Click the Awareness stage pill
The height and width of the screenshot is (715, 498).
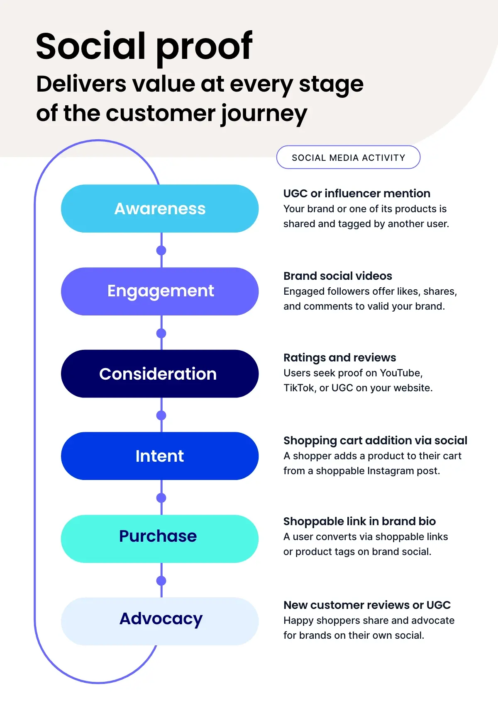pos(160,208)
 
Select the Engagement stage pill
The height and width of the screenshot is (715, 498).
pos(160,291)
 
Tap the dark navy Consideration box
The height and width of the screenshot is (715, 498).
pos(160,374)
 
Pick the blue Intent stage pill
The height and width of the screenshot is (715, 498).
pos(160,456)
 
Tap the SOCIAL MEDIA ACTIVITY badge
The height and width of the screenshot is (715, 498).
pos(348,158)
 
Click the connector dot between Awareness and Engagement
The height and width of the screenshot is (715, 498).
pos(161,250)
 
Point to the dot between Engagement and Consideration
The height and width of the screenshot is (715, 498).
pos(161,333)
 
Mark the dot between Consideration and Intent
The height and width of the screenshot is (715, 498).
pos(161,415)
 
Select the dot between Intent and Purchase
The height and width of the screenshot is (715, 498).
pos(161,498)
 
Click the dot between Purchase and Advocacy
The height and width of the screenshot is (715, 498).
pos(161,581)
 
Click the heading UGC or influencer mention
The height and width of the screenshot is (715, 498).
pos(356,194)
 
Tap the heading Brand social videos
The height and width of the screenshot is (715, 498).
pos(337,276)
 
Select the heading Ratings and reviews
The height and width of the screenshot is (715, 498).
pos(339,358)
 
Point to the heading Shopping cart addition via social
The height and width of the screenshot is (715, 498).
pos(375,441)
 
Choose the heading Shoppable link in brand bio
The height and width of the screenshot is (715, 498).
pos(359,521)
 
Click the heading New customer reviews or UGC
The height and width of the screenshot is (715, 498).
pos(367,605)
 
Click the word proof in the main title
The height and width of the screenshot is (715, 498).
pos(204,48)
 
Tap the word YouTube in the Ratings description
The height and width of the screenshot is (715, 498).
pos(400,373)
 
